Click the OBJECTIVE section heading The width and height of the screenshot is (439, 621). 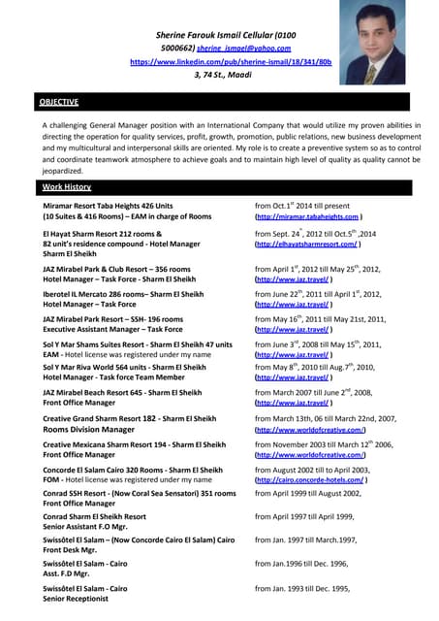tap(59, 102)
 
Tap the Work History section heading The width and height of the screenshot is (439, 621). tap(66, 185)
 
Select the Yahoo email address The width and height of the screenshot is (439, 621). tap(243, 48)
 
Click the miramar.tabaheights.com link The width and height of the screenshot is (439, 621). tap(308, 216)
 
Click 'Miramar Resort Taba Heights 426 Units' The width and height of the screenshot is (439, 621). tap(108, 206)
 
